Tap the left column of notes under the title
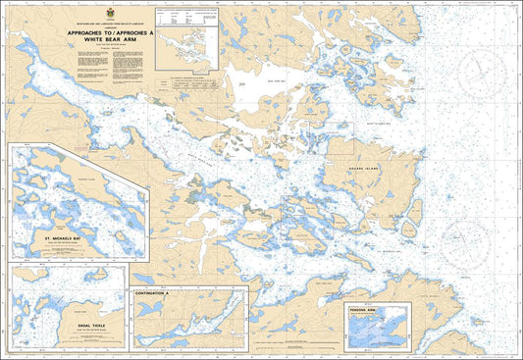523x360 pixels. coord(88,72)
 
